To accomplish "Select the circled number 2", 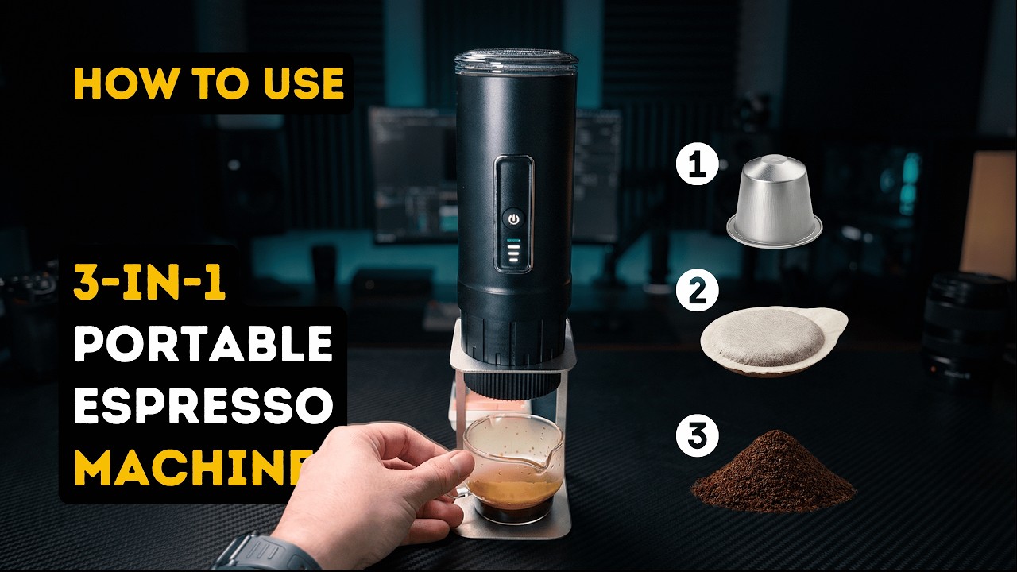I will click(x=697, y=292).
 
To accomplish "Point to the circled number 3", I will click(x=697, y=436).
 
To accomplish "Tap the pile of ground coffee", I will click(x=773, y=473).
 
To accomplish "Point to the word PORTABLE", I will click(x=203, y=344).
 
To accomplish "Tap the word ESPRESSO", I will click(x=203, y=406).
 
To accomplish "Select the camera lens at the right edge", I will click(x=965, y=326).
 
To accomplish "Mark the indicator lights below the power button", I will click(x=513, y=252).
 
